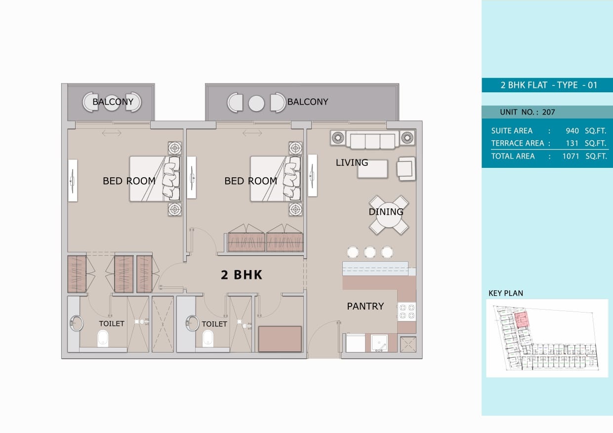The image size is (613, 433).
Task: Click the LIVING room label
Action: [x=352, y=162]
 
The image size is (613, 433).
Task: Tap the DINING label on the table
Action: [x=386, y=212]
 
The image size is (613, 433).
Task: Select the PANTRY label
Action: [x=366, y=306]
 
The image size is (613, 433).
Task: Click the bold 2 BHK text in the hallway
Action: [x=242, y=275]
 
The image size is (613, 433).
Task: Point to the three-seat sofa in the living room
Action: [x=372, y=140]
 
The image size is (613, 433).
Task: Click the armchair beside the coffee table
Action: [x=406, y=168]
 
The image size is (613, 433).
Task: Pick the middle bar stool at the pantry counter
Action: [x=369, y=252]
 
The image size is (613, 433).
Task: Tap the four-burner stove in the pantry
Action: [x=407, y=312]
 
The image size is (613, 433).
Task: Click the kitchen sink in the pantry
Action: [x=379, y=343]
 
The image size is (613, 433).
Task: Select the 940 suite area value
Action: [x=572, y=131]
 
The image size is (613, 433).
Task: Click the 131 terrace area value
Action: [x=572, y=143]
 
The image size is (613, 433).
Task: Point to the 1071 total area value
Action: [x=571, y=156]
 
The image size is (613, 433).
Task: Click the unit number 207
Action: [x=549, y=112]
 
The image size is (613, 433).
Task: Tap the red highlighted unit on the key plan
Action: [x=522, y=319]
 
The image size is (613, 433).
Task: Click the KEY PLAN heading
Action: [x=506, y=293]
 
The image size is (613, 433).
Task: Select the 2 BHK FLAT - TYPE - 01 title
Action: [x=549, y=85]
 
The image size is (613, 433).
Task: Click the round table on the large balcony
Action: [x=256, y=103]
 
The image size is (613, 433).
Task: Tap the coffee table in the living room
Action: [x=372, y=169]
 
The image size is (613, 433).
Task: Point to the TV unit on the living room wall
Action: [x=313, y=175]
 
